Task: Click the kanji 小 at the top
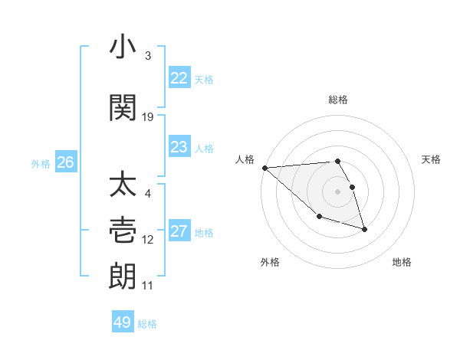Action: coord(123,48)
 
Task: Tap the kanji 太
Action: coord(123,186)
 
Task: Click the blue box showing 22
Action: coord(179,78)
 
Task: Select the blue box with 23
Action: coord(179,147)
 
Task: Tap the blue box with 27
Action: coord(179,231)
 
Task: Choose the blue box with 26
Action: coord(66,162)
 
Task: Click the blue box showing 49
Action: coord(123,322)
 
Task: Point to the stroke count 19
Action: coord(148,117)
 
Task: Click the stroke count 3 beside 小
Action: coord(148,56)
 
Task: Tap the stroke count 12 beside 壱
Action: coord(148,240)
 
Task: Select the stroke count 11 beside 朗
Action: coord(148,286)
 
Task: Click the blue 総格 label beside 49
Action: coord(147,324)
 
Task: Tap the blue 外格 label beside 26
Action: coord(41,163)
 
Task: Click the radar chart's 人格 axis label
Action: coord(245,159)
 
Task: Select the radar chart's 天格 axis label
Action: coord(432,159)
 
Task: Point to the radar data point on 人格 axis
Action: coord(264,168)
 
